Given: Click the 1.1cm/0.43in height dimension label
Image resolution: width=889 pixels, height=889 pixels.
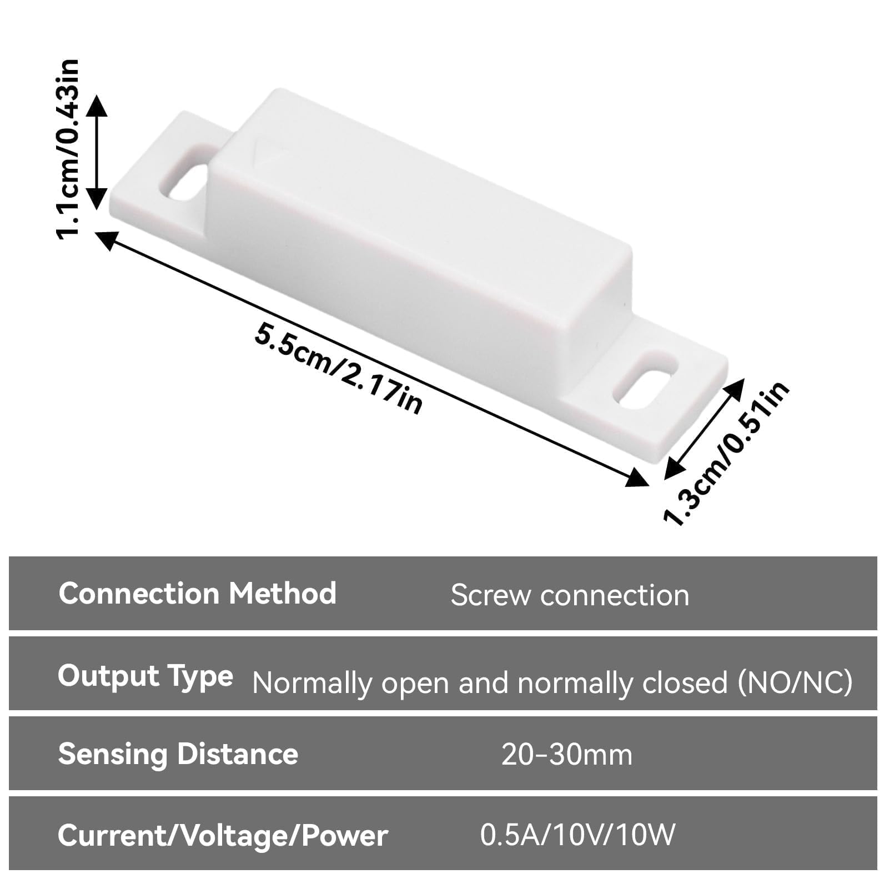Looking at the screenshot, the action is (x=69, y=149).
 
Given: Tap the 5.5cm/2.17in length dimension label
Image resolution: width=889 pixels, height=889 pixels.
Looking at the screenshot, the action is (x=339, y=369).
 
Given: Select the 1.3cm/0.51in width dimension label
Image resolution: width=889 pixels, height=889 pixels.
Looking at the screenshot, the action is (x=726, y=453).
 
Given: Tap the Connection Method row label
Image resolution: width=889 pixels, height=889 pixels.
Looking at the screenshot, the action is (x=198, y=593).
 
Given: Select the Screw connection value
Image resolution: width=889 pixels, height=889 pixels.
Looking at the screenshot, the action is (x=570, y=595).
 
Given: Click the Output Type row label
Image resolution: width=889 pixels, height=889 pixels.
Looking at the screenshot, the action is (x=145, y=677).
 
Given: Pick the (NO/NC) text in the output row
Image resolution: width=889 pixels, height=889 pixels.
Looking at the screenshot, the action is (x=795, y=682).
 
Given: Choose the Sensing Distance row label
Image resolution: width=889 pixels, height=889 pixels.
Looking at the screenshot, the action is (x=178, y=754).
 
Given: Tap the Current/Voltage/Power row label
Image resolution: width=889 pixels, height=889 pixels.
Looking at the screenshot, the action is (x=223, y=836).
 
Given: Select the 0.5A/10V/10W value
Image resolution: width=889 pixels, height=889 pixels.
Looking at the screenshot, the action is (x=577, y=835).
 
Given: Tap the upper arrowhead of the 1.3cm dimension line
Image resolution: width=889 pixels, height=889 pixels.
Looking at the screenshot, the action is (x=734, y=388).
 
